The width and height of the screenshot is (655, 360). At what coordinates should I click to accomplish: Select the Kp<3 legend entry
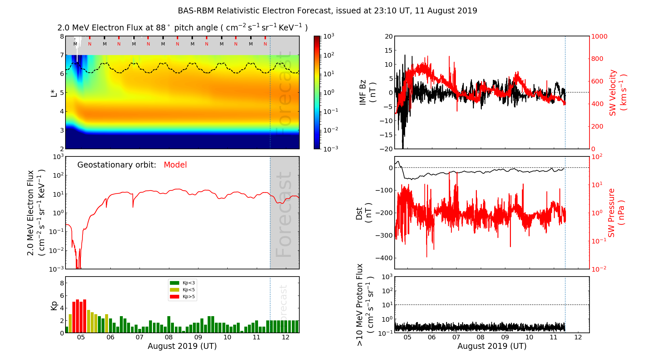coord(189,283)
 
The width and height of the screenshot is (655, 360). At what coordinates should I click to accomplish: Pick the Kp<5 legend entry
coord(189,290)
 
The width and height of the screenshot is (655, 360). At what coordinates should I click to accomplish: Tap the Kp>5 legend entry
coord(189,297)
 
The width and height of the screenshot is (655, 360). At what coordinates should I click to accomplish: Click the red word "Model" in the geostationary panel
coord(175,165)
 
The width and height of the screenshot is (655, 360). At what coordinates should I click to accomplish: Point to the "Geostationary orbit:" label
coord(117,165)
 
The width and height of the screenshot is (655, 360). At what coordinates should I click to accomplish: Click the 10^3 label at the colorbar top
coord(328,36)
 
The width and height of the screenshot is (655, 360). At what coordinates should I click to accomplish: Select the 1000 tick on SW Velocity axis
coord(599,36)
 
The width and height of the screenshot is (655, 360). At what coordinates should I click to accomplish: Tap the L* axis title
coord(54,93)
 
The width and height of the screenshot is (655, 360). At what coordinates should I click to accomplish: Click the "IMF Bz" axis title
coord(363,92)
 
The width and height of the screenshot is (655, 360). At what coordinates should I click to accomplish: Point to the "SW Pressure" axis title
coord(611,213)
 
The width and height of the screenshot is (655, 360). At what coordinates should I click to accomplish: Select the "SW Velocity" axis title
coord(612,93)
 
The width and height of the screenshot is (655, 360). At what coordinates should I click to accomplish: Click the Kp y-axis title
coord(54,305)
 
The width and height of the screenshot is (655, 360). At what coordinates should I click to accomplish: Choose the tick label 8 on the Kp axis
coord(62,283)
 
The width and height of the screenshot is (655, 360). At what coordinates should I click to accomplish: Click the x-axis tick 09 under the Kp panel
coord(198,337)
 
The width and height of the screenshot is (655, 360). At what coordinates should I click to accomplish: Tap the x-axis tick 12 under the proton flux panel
coord(578,337)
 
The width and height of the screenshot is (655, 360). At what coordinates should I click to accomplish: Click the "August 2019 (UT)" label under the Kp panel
coord(182,346)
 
